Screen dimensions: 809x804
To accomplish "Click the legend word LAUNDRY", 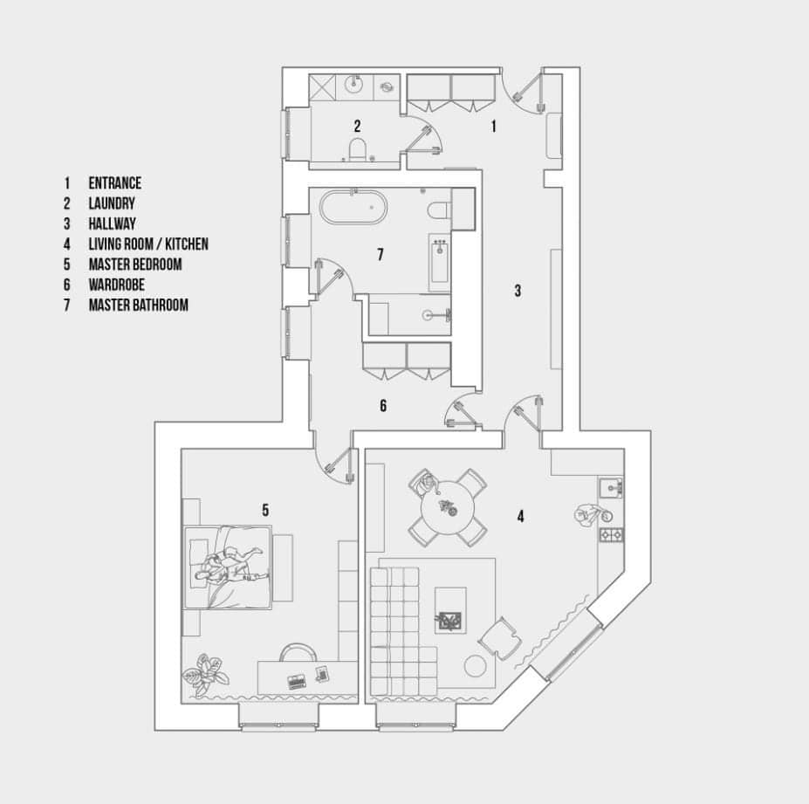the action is point(112,203).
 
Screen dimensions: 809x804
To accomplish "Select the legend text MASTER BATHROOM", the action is point(138,305).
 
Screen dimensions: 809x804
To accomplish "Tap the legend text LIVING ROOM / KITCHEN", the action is point(148,244).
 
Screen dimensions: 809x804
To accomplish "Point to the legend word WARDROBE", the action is point(117,285).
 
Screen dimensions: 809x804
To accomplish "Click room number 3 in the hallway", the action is point(518,291).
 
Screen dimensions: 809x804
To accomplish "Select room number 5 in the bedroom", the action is point(265,510).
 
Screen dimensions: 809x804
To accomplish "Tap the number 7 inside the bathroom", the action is point(381,254).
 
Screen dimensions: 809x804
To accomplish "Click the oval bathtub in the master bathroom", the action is point(353,208).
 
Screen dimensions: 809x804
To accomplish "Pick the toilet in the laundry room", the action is point(357,148).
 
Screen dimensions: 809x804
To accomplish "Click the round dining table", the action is point(448,507).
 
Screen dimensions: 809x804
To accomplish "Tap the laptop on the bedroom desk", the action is point(296,682).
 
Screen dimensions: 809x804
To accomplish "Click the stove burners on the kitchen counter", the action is point(612,534).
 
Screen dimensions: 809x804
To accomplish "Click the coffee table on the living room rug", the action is point(450,610).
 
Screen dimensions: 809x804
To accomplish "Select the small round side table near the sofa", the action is point(475,666).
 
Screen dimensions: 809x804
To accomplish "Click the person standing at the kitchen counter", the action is point(593,515).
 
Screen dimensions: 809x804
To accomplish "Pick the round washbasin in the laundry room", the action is point(354,84).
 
